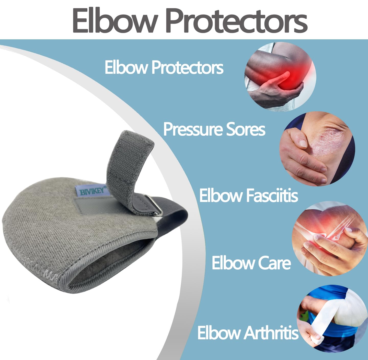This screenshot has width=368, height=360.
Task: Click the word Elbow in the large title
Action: tap(114, 21)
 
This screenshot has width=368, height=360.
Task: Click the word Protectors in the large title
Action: tap(236, 21)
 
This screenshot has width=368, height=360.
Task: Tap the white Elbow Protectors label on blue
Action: tap(164, 67)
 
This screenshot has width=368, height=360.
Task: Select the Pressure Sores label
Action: tap(214, 129)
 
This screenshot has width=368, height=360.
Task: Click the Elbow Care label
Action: tap(251, 263)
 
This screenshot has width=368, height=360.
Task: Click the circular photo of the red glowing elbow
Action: tap(280, 77)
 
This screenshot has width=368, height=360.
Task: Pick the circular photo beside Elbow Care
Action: tap(330, 239)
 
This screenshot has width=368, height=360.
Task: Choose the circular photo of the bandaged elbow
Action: tap(332, 318)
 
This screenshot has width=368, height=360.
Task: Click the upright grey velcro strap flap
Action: tap(128, 163)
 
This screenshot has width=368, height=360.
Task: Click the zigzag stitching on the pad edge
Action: tap(38, 268)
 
